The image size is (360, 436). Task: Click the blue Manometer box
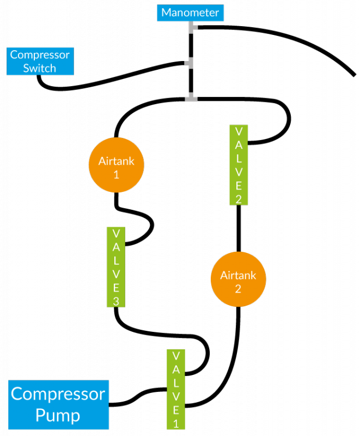tap(191, 13)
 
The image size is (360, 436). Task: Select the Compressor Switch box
tap(40, 61)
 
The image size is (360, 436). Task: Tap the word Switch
tap(40, 68)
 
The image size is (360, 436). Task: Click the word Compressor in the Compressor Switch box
tap(40, 55)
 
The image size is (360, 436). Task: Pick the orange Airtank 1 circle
tap(116, 165)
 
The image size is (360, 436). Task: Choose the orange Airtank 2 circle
tap(238, 278)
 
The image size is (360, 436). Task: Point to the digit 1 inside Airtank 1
tap(116, 174)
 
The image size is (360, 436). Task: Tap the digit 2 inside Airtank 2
tap(238, 289)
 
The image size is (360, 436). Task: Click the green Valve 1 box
tap(176, 389)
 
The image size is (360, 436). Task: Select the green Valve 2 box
tap(239, 165)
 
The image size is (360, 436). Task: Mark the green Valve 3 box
tap(116, 267)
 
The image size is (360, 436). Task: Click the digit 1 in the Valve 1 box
tap(176, 423)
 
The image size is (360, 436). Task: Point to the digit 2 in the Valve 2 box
tap(239, 198)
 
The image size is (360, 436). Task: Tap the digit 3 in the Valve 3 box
tap(116, 300)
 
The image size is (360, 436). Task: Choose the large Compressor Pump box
tap(58, 404)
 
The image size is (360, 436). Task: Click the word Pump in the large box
tap(58, 415)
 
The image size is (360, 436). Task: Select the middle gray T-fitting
tap(190, 63)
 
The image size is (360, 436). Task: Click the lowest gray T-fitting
tap(191, 98)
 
